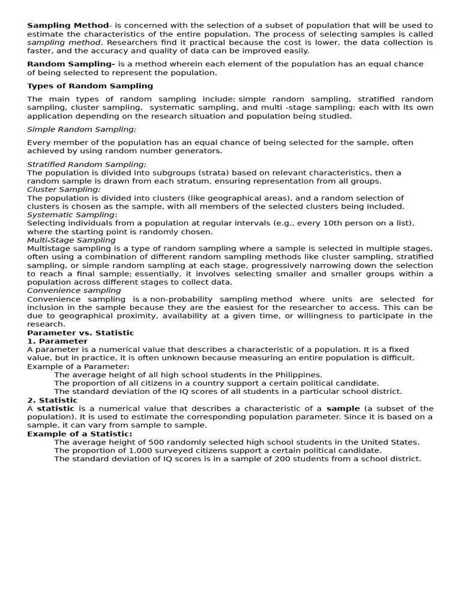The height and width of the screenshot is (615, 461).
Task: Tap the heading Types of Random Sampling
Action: pyautogui.click(x=90, y=86)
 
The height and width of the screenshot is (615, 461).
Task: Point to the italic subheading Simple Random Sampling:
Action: pyautogui.click(x=82, y=129)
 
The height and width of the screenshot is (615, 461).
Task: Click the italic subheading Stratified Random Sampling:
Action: pyautogui.click(x=86, y=164)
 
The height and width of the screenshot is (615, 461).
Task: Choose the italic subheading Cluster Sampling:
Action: pyautogui.click(x=64, y=189)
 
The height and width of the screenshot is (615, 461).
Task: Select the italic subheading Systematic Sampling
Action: pyautogui.click(x=71, y=214)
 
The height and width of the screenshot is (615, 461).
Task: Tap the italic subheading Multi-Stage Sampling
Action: pyautogui.click(x=71, y=240)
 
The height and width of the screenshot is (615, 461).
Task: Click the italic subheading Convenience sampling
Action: pyautogui.click(x=74, y=290)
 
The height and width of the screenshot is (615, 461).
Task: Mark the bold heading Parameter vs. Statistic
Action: pyautogui.click(x=80, y=332)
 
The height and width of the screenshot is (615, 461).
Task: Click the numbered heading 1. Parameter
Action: pyautogui.click(x=57, y=341)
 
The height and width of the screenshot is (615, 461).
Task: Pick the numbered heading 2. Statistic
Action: pyautogui.click(x=52, y=400)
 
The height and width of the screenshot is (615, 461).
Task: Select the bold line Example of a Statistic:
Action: pyautogui.click(x=80, y=434)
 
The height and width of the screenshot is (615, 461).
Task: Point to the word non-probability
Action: pyautogui.click(x=185, y=298)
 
